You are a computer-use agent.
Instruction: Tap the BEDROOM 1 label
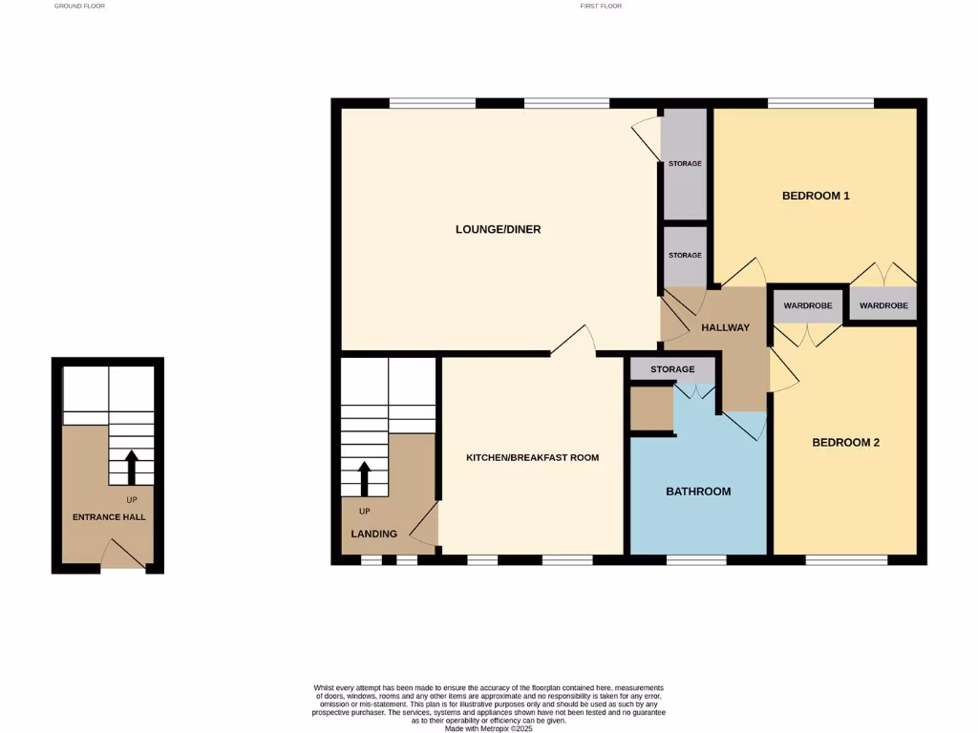click(x=816, y=196)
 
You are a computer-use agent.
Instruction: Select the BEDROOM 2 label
click(x=845, y=443)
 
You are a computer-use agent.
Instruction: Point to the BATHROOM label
click(x=698, y=492)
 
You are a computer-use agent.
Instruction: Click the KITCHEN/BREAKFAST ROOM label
click(x=532, y=458)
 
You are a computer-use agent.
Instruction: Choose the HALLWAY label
click(x=726, y=328)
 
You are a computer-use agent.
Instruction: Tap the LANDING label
click(x=373, y=534)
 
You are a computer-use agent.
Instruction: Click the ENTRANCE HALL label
click(x=109, y=517)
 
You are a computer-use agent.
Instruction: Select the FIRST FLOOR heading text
click(x=601, y=6)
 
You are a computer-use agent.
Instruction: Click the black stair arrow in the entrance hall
click(x=132, y=467)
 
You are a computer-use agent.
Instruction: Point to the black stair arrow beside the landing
click(x=363, y=479)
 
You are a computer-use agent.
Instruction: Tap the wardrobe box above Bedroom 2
click(x=807, y=306)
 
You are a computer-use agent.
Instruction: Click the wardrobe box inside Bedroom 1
click(x=883, y=305)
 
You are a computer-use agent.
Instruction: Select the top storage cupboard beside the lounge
click(x=684, y=163)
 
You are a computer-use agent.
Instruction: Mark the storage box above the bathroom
click(x=672, y=369)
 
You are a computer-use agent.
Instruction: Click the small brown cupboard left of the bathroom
click(x=651, y=408)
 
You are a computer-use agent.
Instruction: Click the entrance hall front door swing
click(x=122, y=553)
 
